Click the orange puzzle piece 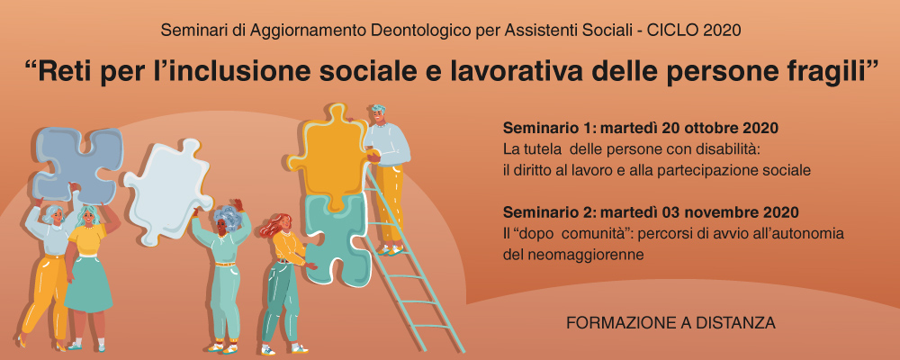coord(328,155)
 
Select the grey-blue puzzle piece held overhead coord(78,164)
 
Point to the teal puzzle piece coord(335,236)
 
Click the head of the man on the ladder coord(378,114)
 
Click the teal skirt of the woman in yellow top coord(88,283)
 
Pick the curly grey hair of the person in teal coord(228,218)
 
